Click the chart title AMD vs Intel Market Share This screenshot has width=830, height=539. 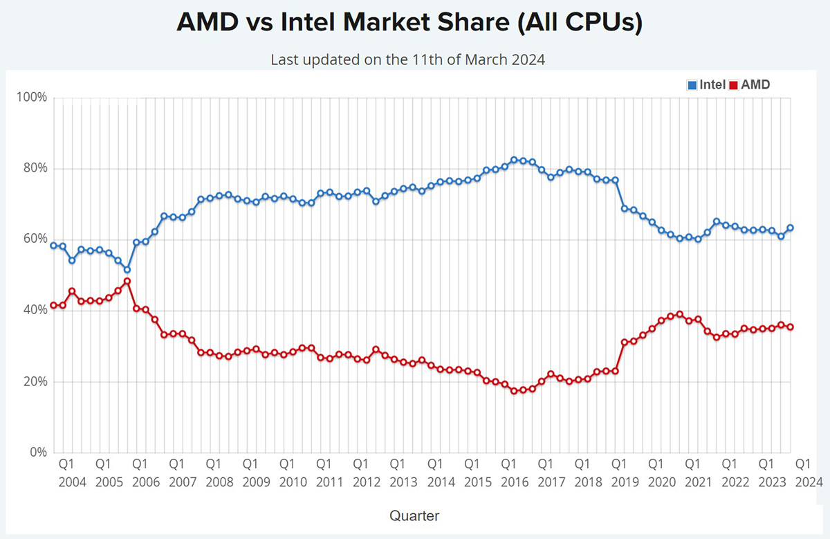click(409, 23)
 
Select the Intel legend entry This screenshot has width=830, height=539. click(706, 85)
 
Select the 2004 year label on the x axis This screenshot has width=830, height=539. click(73, 481)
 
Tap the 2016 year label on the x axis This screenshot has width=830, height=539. click(514, 481)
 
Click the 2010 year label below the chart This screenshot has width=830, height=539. click(293, 481)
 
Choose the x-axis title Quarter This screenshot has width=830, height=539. click(414, 515)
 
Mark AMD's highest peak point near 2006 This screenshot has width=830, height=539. click(127, 282)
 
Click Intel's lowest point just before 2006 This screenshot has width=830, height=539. click(127, 270)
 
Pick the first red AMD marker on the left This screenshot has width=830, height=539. click(53, 305)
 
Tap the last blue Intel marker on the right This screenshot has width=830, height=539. click(790, 228)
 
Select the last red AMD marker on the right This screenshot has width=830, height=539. click(790, 327)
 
